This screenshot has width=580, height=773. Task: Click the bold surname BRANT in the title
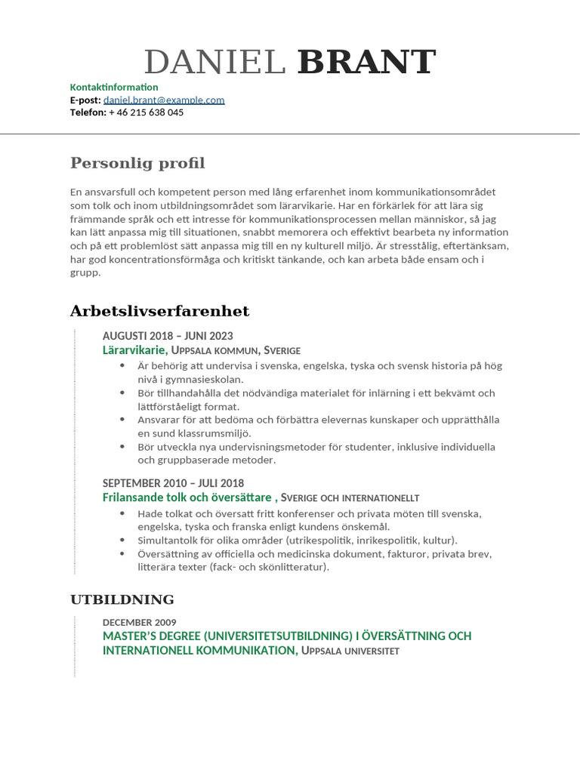pos(366,63)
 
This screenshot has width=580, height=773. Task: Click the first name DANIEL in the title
pos(214,63)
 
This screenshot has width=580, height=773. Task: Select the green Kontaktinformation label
pos(114,87)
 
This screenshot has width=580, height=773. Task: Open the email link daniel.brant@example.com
pos(164,100)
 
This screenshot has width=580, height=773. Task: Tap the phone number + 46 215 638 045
pos(146,112)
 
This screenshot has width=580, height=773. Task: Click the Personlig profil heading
pos(137,163)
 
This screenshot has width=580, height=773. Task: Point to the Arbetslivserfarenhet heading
pos(159,311)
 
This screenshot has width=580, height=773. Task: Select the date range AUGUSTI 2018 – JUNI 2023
pos(168,336)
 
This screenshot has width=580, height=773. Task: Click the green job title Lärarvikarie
pos(134,350)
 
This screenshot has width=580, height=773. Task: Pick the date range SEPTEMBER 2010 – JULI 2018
pos(173,483)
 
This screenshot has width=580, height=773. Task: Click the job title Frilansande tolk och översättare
pos(187,497)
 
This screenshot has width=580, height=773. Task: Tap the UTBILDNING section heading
pos(122,599)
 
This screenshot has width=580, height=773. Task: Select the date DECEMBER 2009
pos(140,622)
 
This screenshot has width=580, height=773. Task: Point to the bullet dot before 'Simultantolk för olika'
pos(123,540)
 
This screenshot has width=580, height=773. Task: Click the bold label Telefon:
pos(88,112)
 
